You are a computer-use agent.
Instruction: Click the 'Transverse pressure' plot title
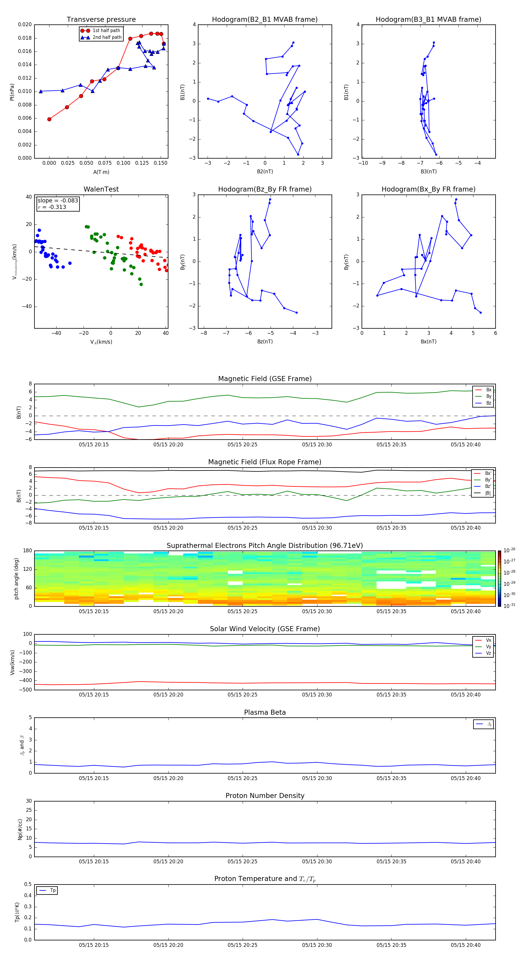pyautogui.click(x=101, y=20)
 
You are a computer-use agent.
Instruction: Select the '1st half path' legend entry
pyautogui.click(x=106, y=31)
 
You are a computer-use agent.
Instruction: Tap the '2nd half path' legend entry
pyautogui.click(x=107, y=37)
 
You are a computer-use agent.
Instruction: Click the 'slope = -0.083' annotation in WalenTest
pyautogui.click(x=58, y=201)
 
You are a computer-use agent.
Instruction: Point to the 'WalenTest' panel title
pyautogui.click(x=101, y=189)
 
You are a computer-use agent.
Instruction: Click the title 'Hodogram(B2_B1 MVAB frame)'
pyautogui.click(x=265, y=20)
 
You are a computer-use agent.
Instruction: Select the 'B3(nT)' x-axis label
pyautogui.click(x=428, y=172)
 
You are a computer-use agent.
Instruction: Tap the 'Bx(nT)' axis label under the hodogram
pyautogui.click(x=428, y=342)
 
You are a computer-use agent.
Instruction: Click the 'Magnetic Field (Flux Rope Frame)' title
pyautogui.click(x=265, y=462)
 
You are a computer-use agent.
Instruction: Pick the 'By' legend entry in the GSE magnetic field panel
pyautogui.click(x=488, y=396)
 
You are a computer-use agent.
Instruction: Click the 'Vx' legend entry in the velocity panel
pyautogui.click(x=488, y=640)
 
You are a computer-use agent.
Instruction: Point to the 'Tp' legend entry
pyautogui.click(x=53, y=890)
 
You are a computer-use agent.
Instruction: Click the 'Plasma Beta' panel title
pyautogui.click(x=265, y=712)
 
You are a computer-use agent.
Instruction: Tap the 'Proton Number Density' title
pyautogui.click(x=265, y=796)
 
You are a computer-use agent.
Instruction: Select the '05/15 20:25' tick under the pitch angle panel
pyautogui.click(x=243, y=611)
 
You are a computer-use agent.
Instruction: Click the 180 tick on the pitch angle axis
pyautogui.click(x=28, y=551)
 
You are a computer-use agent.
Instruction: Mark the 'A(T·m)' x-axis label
pyautogui.click(x=101, y=172)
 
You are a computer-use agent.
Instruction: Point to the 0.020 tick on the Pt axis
pyautogui.click(x=25, y=24)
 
